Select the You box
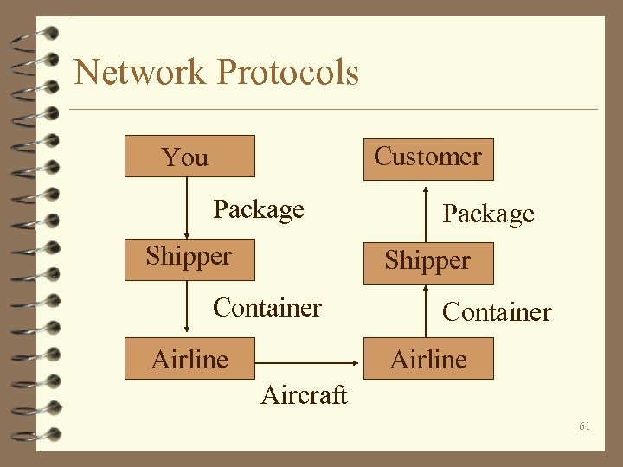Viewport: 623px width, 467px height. click(x=189, y=157)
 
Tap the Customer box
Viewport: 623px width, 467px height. click(x=427, y=158)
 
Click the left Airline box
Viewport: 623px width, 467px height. click(x=189, y=358)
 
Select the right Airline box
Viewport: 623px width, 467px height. click(x=427, y=358)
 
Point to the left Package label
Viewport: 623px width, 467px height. click(x=259, y=209)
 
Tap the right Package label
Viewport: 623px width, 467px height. click(x=488, y=214)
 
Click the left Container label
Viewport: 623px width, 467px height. click(x=267, y=307)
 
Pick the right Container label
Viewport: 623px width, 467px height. click(x=496, y=311)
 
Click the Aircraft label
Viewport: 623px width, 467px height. click(x=304, y=395)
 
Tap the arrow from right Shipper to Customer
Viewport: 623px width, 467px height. click(x=426, y=211)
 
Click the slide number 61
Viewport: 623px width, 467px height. click(x=585, y=426)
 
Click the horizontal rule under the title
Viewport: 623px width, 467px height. click(x=333, y=110)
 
